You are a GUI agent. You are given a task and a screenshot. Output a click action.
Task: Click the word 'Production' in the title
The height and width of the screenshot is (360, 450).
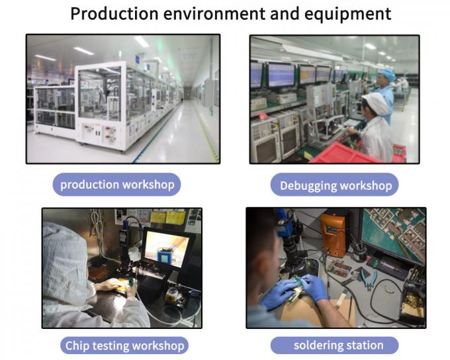[114, 14]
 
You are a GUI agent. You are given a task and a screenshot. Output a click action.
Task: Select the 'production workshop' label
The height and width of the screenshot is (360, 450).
[117, 185]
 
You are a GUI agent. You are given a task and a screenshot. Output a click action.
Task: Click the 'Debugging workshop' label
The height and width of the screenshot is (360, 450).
[335, 185]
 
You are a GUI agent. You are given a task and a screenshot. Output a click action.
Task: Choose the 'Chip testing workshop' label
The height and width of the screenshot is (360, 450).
[124, 345]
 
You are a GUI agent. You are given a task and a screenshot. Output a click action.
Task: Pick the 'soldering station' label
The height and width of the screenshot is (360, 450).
[335, 345]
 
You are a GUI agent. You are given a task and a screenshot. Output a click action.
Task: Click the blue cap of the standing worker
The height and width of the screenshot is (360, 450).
[386, 73]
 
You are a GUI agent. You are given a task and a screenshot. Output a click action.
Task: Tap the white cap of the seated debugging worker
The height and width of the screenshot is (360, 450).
[375, 103]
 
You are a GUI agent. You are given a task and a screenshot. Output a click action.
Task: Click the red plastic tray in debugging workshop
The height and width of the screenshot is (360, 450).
[344, 154]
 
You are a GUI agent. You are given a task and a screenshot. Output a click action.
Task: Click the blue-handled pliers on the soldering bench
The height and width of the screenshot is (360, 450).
[368, 277]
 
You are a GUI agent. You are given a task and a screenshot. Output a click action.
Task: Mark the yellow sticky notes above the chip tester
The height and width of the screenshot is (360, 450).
[168, 217]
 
